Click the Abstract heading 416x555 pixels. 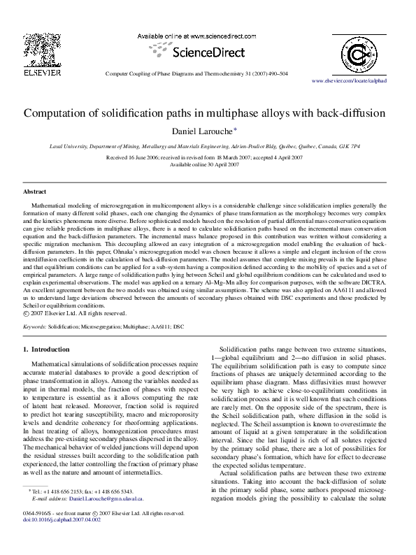point(35,191)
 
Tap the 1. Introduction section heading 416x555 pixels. point(46,349)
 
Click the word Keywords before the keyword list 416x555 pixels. point(35,326)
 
